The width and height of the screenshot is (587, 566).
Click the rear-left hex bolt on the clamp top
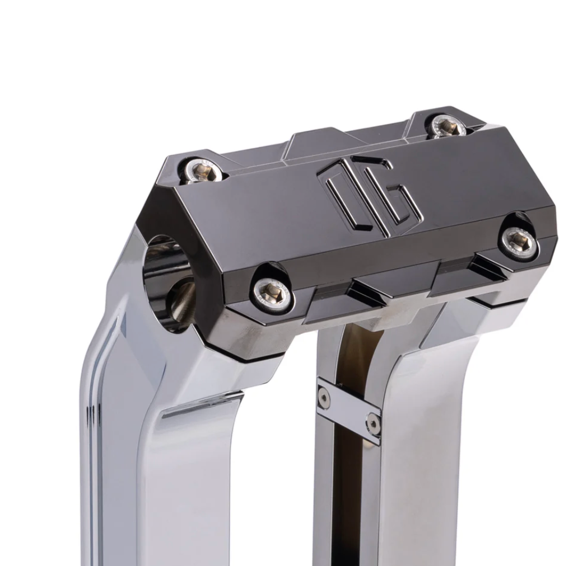pyautogui.click(x=203, y=171)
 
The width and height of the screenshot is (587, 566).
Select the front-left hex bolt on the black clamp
pyautogui.click(x=272, y=291)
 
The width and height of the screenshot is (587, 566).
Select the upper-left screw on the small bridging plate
pyautogui.click(x=324, y=398)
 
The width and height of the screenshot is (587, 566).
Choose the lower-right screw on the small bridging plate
pyautogui.click(x=372, y=423)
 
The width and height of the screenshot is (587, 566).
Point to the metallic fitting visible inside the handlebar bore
pyautogui.click(x=182, y=302)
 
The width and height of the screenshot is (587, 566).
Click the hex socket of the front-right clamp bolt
pyautogui.click(x=519, y=241)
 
